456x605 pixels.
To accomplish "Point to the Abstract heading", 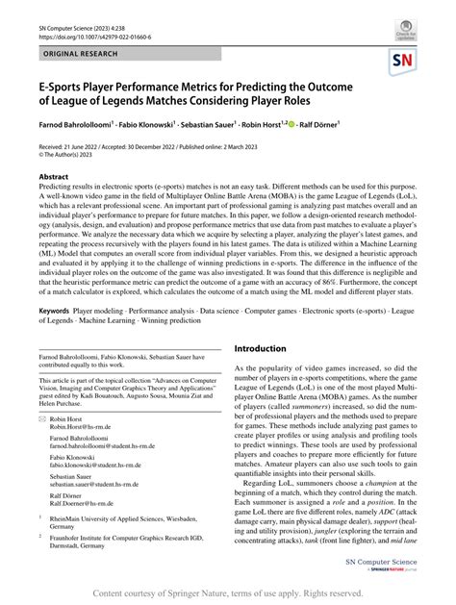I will click(x=53, y=177).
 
